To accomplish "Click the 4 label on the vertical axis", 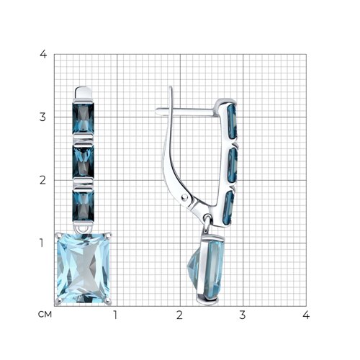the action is pos(43,55).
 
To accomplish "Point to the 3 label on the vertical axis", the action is pos(42,117).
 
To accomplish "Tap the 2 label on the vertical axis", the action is pos(42,180).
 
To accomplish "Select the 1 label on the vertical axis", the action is pos(42,243).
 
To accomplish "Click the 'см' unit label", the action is pos(45,315).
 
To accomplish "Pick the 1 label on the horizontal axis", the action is pos(115,315).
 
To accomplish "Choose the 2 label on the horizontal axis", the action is pos(179,315).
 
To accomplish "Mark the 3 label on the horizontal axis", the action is pos(243,315).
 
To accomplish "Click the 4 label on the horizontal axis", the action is pos(306,315).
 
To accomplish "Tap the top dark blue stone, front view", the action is pos(84,118).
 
